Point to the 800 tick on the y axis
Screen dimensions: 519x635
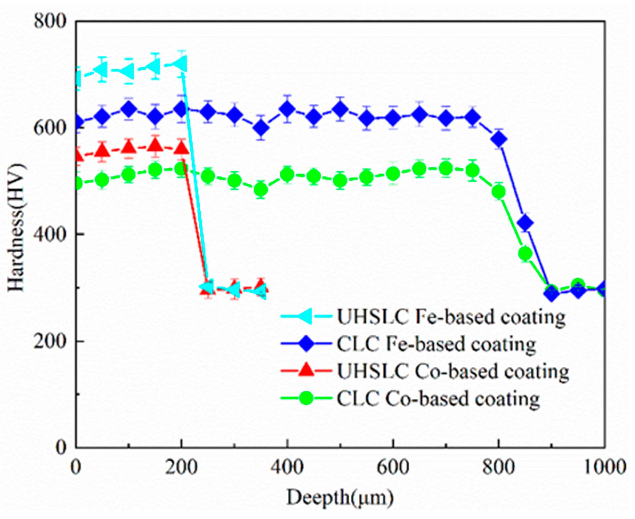point(50,22)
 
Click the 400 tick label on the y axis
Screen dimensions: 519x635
point(50,234)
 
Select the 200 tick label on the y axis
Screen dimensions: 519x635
point(50,341)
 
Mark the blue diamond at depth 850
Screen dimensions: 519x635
point(525,223)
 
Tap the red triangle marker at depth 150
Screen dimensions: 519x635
point(155,146)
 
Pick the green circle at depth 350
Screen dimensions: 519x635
point(261,190)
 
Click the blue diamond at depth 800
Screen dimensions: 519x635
point(499,139)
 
